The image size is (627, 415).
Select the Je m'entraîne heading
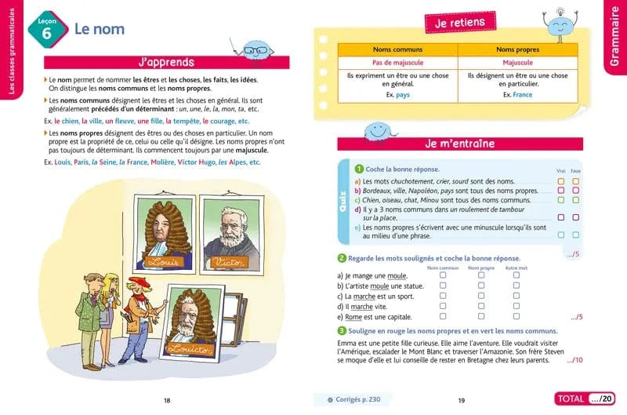point(460,143)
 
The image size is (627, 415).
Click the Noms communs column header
point(397,49)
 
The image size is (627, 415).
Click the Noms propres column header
point(517,49)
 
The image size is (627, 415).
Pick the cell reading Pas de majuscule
point(397,62)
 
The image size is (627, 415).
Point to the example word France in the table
point(522,95)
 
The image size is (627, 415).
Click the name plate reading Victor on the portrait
point(229,260)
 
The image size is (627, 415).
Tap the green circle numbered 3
point(342,331)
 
